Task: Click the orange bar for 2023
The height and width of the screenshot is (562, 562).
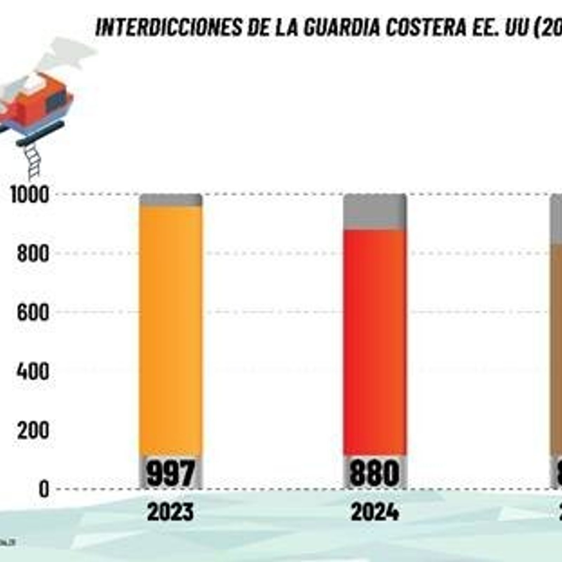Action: tap(171, 330)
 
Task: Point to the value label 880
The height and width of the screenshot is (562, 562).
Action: tap(375, 472)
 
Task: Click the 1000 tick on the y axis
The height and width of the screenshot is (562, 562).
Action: tap(30, 195)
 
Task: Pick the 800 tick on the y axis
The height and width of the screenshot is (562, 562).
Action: tap(33, 254)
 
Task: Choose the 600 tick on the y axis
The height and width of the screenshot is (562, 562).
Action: tap(33, 312)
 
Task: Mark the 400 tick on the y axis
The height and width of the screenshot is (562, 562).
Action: tap(33, 371)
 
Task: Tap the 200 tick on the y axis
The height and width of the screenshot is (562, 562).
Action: tap(33, 430)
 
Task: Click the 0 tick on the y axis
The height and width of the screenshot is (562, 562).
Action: tap(44, 489)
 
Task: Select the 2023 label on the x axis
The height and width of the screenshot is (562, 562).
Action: tap(170, 512)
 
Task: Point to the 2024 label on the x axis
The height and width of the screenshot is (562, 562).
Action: tap(375, 512)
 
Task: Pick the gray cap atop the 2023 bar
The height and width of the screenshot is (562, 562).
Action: tap(171, 200)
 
